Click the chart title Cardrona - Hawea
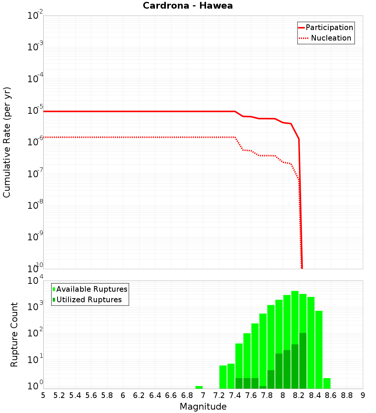188,6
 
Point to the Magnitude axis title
203,407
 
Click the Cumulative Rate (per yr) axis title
7,142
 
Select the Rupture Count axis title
14,335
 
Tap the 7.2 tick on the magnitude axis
219,395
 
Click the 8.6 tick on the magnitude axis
331,395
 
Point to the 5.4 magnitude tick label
75,395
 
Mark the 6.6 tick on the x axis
171,395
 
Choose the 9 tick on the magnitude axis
363,395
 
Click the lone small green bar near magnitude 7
199,387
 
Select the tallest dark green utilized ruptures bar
303,360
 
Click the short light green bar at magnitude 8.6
327,383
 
